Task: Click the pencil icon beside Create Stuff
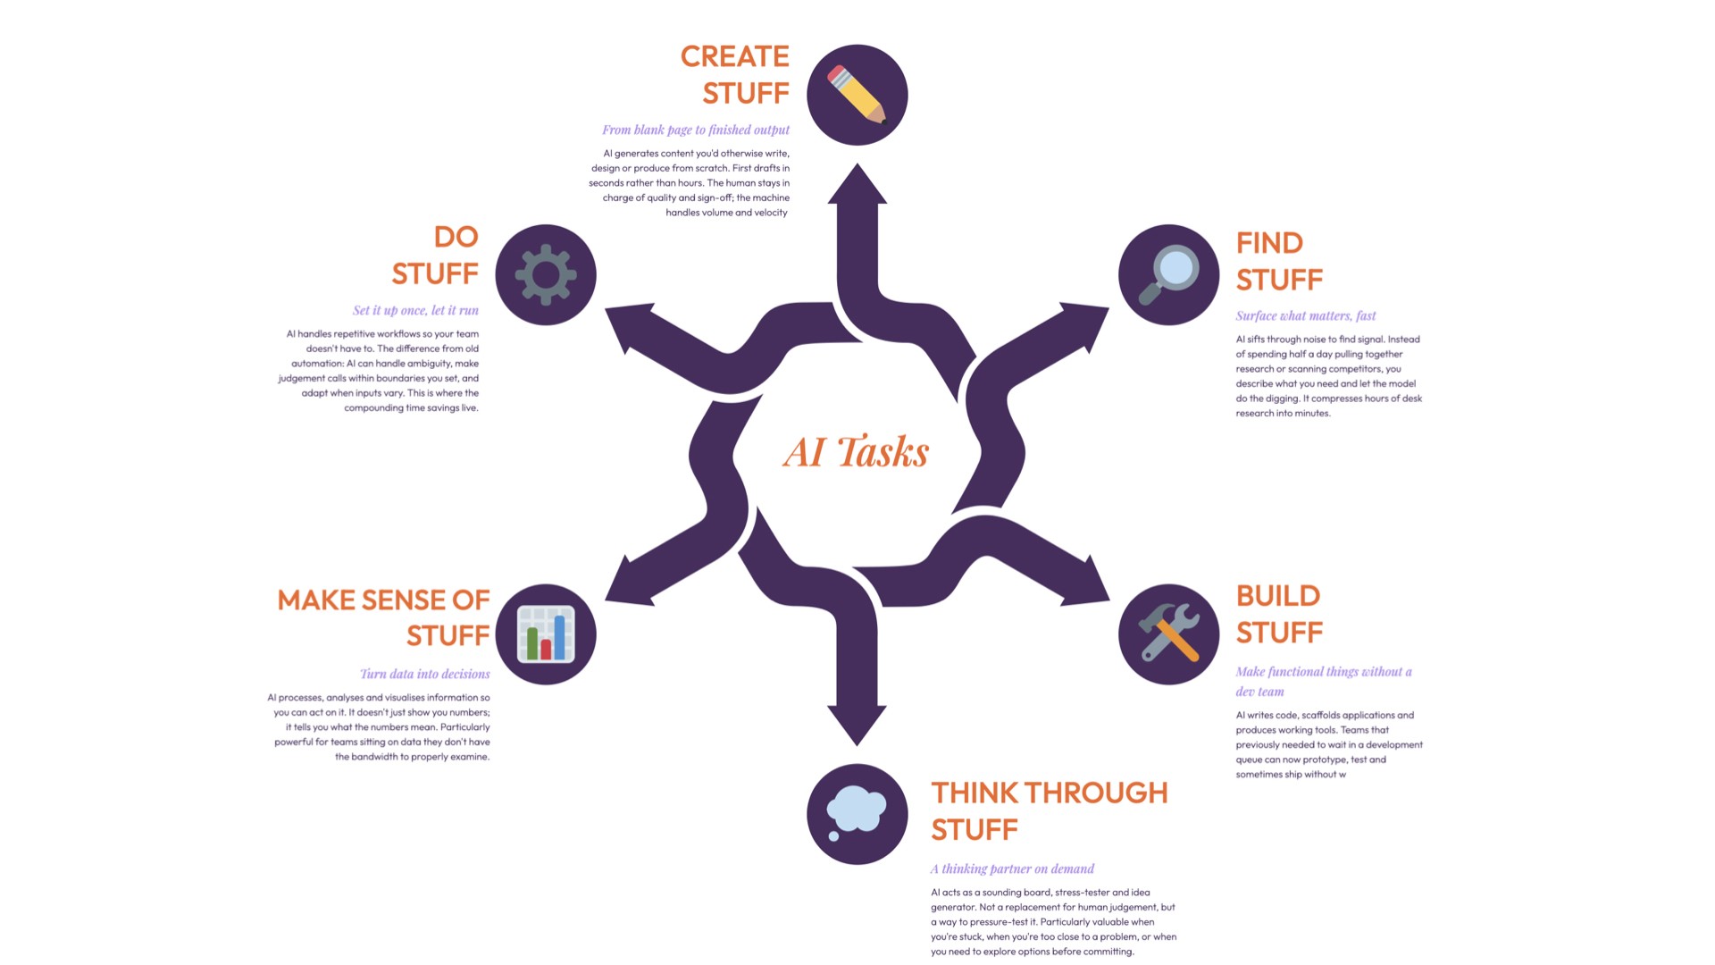pyautogui.click(x=857, y=95)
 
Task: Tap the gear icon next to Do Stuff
pyautogui.click(x=546, y=274)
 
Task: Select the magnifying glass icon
pyautogui.click(x=1168, y=274)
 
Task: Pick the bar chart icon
pyautogui.click(x=546, y=634)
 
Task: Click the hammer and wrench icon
pyautogui.click(x=1168, y=634)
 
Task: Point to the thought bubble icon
pyautogui.click(x=857, y=813)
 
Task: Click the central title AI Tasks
pyautogui.click(x=857, y=452)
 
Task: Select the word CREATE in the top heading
pyautogui.click(x=734, y=56)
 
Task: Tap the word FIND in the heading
pyautogui.click(x=1269, y=243)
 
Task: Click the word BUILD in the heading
pyautogui.click(x=1278, y=596)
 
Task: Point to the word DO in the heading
pyautogui.click(x=456, y=237)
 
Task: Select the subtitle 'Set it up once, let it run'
pyautogui.click(x=415, y=311)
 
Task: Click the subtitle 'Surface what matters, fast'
pyautogui.click(x=1306, y=315)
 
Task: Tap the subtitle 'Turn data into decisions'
pyautogui.click(x=424, y=674)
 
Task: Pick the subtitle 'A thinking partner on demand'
pyautogui.click(x=1012, y=868)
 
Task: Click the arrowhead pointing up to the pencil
pyautogui.click(x=857, y=186)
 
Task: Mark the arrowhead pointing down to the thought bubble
pyautogui.click(x=857, y=724)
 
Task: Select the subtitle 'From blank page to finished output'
pyautogui.click(x=696, y=130)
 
